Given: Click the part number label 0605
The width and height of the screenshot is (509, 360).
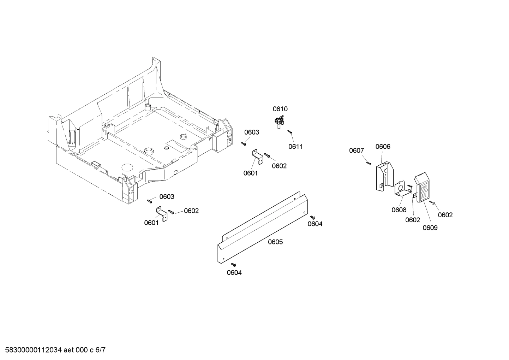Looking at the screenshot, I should [275, 242].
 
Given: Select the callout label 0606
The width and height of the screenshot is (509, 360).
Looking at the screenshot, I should [383, 147].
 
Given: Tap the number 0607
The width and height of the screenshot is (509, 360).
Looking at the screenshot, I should [357, 151].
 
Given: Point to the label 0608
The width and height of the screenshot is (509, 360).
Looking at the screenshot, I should [399, 210].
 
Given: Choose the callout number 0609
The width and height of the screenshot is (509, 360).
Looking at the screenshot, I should [430, 228].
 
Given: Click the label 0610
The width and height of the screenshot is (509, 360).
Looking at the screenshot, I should [280, 109].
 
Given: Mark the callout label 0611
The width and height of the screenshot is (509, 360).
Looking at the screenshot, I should [296, 147].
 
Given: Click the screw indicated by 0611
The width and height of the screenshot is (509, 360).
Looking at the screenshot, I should [290, 132].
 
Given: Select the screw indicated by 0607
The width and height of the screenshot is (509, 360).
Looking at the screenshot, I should [369, 163].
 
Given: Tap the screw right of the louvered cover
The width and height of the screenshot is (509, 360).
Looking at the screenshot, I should [432, 203].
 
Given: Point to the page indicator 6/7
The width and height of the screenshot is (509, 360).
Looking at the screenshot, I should [100, 350].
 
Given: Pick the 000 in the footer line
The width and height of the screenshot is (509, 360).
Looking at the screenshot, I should [82, 350].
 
